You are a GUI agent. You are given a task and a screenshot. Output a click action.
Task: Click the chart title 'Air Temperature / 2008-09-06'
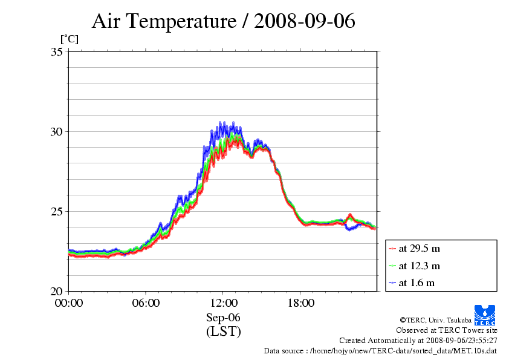223,22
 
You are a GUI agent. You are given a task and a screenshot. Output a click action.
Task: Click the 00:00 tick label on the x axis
68,303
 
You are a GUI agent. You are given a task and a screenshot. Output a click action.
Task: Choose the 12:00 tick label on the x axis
223,303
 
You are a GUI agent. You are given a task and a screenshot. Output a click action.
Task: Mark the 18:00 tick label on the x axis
300,303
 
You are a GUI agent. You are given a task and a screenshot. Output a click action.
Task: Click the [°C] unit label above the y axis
69,39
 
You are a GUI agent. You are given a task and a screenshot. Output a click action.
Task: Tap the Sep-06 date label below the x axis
223,318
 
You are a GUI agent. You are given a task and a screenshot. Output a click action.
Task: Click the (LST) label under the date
223,332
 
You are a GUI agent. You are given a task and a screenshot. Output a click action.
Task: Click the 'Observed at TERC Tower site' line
447,330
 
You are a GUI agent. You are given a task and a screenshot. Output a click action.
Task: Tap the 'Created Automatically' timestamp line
418,341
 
